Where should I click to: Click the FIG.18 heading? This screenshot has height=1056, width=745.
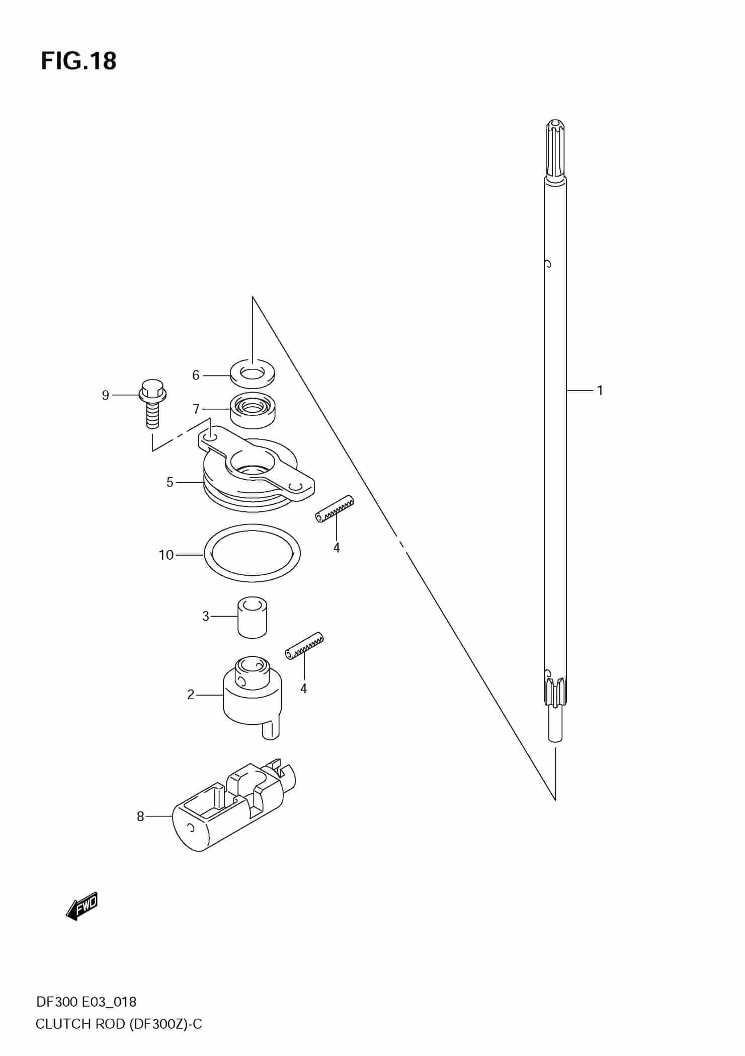point(78,61)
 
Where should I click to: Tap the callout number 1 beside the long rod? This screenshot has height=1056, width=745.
point(600,390)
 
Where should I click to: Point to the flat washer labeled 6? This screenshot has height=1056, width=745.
point(253,373)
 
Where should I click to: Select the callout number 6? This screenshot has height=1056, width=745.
point(196,375)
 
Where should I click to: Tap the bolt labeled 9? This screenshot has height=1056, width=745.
point(151,403)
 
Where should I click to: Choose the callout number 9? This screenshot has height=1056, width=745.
point(105,395)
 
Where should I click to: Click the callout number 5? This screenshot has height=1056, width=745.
point(170,482)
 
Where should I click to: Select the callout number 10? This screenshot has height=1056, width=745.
point(166,555)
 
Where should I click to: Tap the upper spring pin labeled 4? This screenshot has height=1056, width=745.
point(335,509)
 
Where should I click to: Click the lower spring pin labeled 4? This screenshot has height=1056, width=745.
point(304,645)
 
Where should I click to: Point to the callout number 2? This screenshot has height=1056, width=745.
point(191,695)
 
